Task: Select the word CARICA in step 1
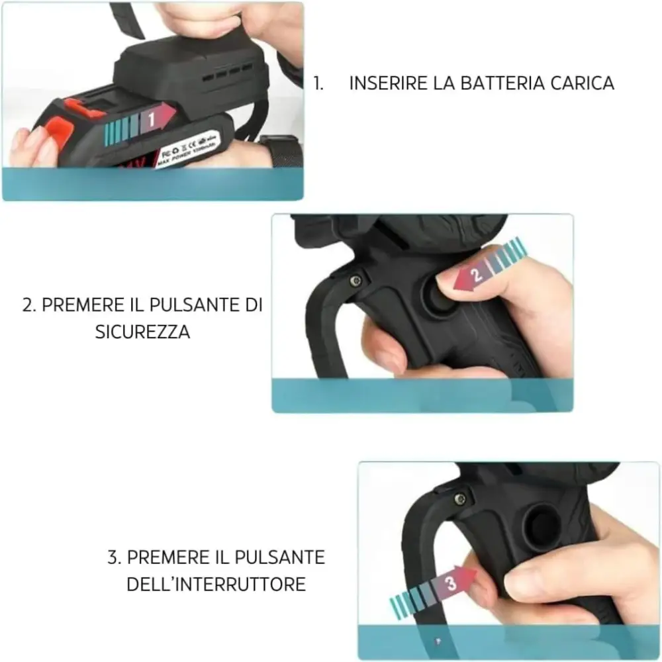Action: tap(582, 83)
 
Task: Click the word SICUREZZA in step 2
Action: tap(142, 332)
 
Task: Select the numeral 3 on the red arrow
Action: tap(451, 583)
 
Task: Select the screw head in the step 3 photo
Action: tap(460, 498)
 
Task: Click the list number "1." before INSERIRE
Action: tap(318, 83)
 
